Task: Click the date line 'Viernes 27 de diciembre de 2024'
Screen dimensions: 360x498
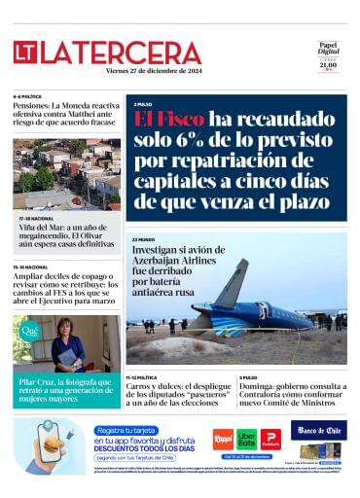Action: point(157,71)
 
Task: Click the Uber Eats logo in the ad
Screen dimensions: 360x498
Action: point(247,439)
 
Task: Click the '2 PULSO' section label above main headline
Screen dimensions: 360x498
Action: point(144,104)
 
